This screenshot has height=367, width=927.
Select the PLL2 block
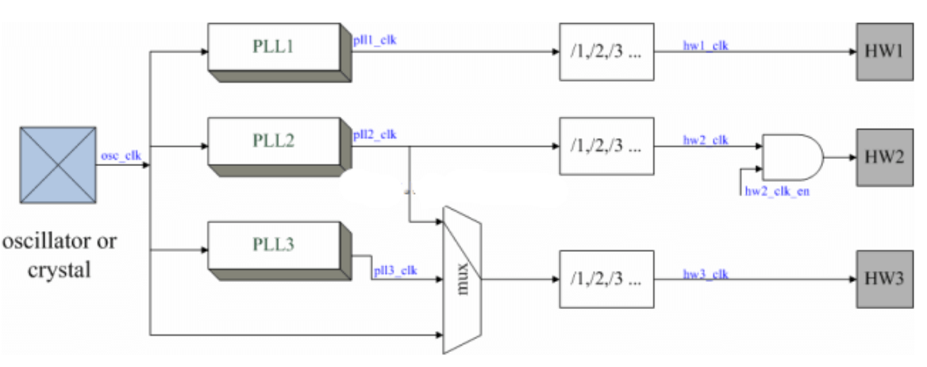click(x=275, y=142)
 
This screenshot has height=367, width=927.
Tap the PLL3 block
click(x=275, y=245)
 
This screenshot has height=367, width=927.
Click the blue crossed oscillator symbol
click(x=58, y=164)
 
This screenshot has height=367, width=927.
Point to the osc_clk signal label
click(x=121, y=156)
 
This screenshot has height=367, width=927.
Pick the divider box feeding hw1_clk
click(x=607, y=52)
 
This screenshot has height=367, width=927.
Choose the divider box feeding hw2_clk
click(x=607, y=146)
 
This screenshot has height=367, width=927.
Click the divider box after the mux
click(x=607, y=280)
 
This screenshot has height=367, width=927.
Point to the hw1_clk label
click(x=706, y=46)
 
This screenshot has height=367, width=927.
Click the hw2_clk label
click(x=706, y=141)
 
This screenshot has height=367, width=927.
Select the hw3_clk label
click(x=706, y=274)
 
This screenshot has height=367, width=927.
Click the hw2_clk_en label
click(x=777, y=191)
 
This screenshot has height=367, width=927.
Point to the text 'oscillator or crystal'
click(x=59, y=254)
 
